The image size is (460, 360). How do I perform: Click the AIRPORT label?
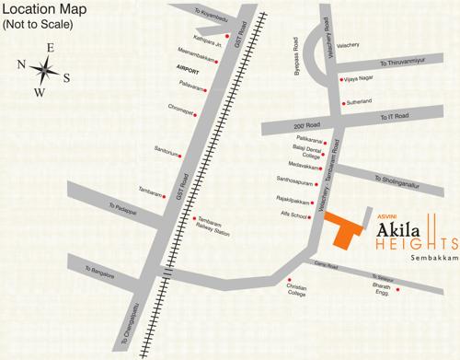point(187,69)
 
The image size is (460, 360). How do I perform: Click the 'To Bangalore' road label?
point(100,273)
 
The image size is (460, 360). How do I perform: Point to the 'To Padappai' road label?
point(121,209)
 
